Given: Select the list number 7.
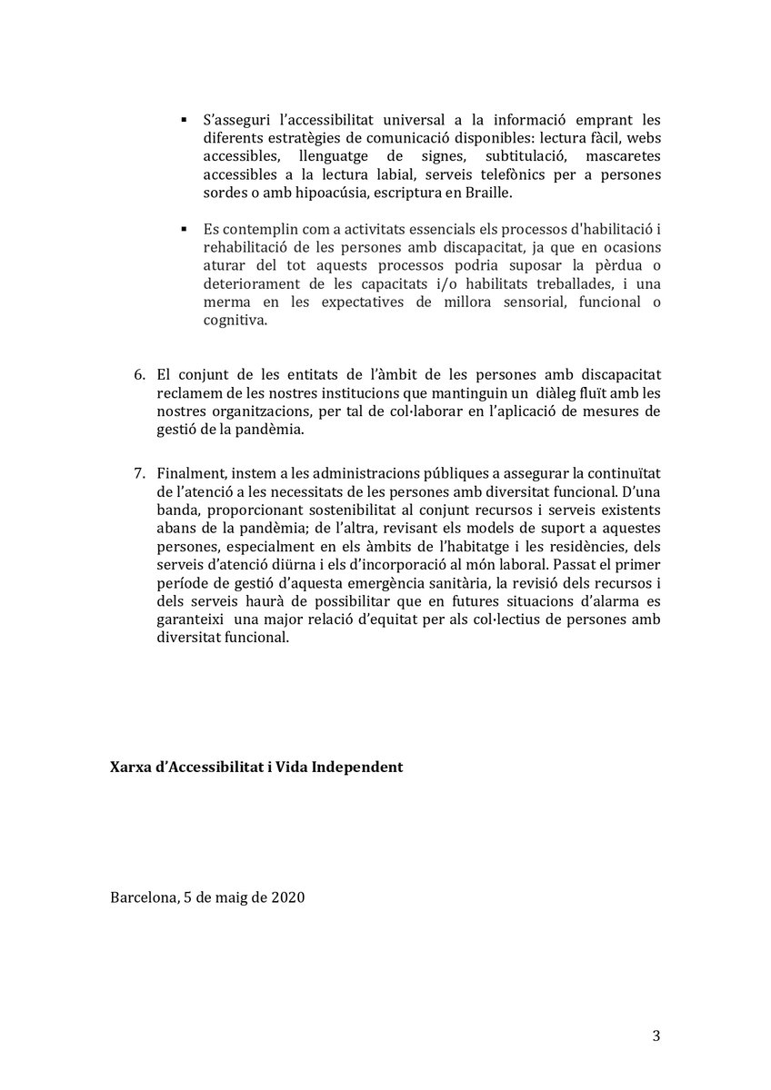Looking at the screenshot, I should click(139, 473).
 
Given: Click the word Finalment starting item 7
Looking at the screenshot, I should click(187, 473).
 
